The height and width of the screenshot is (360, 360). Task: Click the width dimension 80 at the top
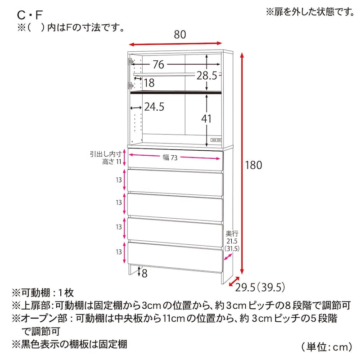point(180,35)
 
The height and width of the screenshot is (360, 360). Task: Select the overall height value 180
point(253,165)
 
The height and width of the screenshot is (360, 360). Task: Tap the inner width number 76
point(158,64)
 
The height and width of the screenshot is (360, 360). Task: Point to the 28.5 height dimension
point(207,75)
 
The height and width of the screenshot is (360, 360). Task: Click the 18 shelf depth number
point(149,83)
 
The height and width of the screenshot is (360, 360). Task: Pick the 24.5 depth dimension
point(154,107)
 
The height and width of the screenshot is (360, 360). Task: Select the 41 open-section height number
point(206,119)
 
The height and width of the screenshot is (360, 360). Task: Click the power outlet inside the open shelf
point(216,140)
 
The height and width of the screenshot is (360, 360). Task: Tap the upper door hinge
point(130,62)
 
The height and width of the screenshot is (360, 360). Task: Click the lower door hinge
point(130,86)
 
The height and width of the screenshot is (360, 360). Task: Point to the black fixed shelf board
point(176,93)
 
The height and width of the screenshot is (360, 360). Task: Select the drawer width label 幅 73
point(170,157)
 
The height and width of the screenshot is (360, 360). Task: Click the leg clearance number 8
point(144,274)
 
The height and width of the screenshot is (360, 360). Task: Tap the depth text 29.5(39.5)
point(260,288)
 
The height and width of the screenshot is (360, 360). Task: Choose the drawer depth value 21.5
point(232,241)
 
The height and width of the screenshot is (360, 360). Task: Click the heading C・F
point(30,15)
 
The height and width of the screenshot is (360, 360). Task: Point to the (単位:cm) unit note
point(327,347)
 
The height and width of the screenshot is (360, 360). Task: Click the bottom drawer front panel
point(175,257)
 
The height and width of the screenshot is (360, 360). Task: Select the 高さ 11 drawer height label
point(112,162)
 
